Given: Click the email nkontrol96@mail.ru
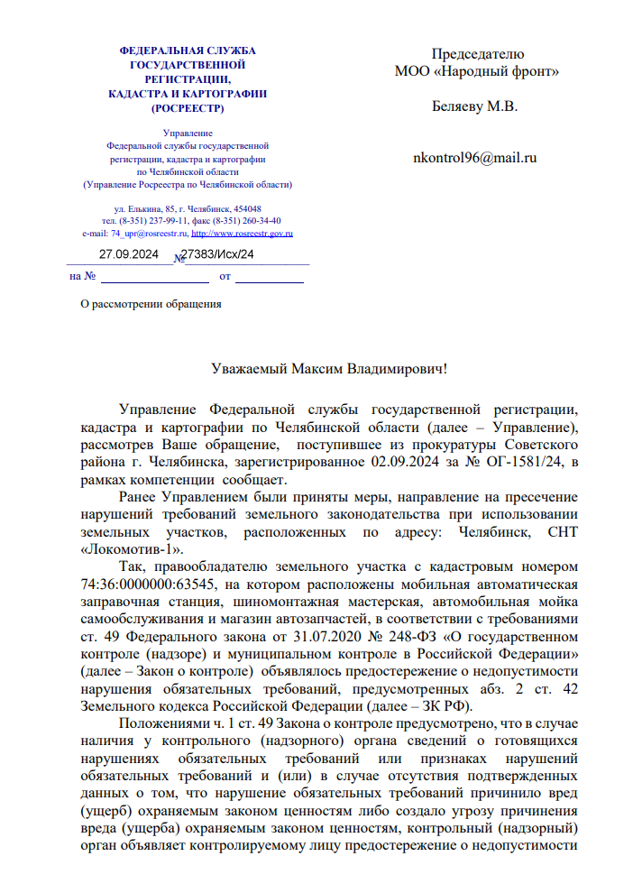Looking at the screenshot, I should [x=474, y=157].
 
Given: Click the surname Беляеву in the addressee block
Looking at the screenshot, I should [x=459, y=106].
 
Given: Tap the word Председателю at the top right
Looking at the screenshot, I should [x=477, y=54].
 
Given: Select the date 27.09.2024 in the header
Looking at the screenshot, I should [x=129, y=254].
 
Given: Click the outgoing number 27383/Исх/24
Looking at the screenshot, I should [x=218, y=254].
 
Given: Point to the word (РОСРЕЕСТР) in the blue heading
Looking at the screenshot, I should [x=188, y=108].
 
